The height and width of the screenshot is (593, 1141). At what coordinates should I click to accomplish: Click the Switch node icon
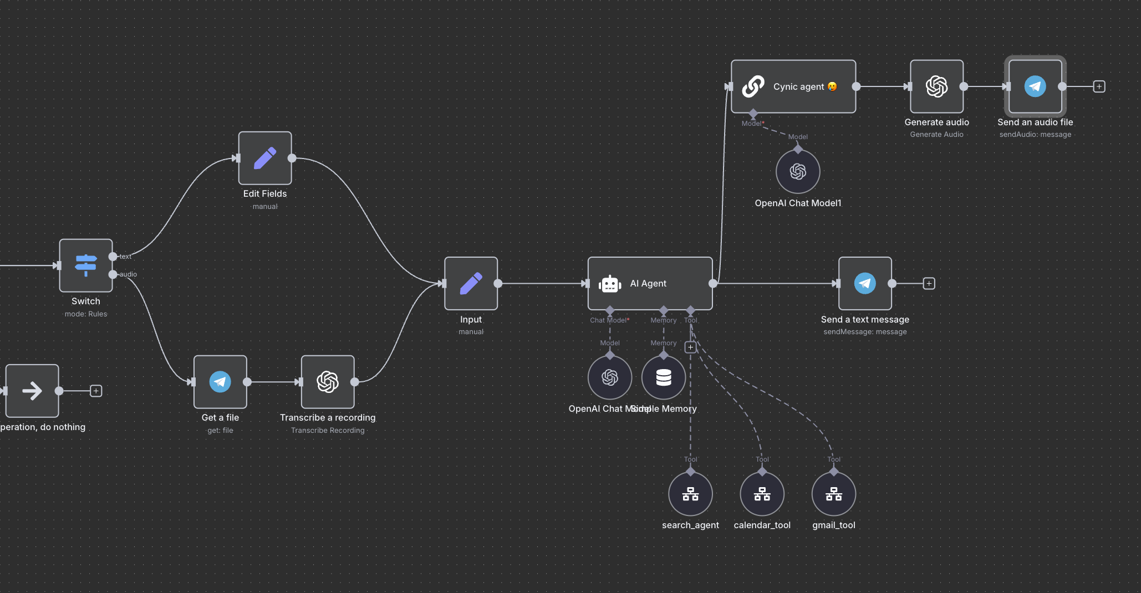click(86, 265)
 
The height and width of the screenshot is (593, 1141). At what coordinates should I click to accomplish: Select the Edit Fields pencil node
click(265, 158)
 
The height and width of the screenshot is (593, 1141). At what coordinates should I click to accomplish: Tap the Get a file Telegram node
click(220, 382)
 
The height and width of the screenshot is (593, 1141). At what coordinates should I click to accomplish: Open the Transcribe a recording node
click(328, 382)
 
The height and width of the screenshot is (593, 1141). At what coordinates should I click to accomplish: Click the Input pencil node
click(471, 283)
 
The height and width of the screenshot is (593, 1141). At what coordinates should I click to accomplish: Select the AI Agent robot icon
click(610, 284)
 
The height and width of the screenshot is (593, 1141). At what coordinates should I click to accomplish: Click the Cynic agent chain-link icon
click(753, 86)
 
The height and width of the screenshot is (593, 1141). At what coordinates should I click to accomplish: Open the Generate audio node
click(936, 86)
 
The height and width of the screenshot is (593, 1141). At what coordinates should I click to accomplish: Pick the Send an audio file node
click(1035, 86)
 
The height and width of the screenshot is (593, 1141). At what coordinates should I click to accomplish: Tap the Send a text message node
click(865, 283)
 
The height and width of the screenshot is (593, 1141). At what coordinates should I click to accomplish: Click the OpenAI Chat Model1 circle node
click(798, 172)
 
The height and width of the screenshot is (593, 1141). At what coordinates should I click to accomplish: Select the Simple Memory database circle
click(664, 377)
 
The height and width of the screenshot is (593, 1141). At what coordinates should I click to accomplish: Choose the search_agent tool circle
click(690, 494)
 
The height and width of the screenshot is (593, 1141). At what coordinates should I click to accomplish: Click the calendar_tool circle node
click(762, 494)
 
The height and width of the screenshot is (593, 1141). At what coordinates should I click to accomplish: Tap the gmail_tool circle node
click(833, 494)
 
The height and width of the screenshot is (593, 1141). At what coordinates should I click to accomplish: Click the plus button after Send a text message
click(929, 284)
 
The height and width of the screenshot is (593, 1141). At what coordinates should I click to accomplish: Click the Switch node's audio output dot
click(113, 274)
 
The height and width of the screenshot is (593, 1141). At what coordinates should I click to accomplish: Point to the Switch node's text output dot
click(113, 257)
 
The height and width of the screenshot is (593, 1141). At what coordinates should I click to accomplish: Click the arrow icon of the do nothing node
click(32, 391)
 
